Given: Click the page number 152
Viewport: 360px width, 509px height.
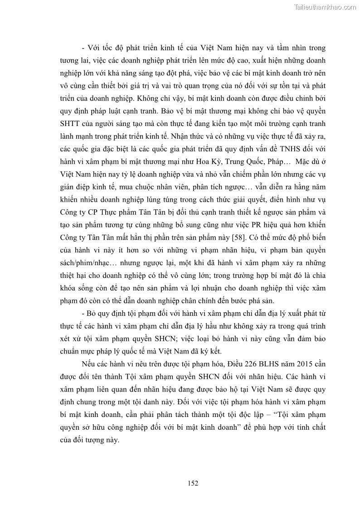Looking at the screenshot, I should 193,483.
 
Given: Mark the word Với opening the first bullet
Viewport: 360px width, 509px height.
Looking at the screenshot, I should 95,47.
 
